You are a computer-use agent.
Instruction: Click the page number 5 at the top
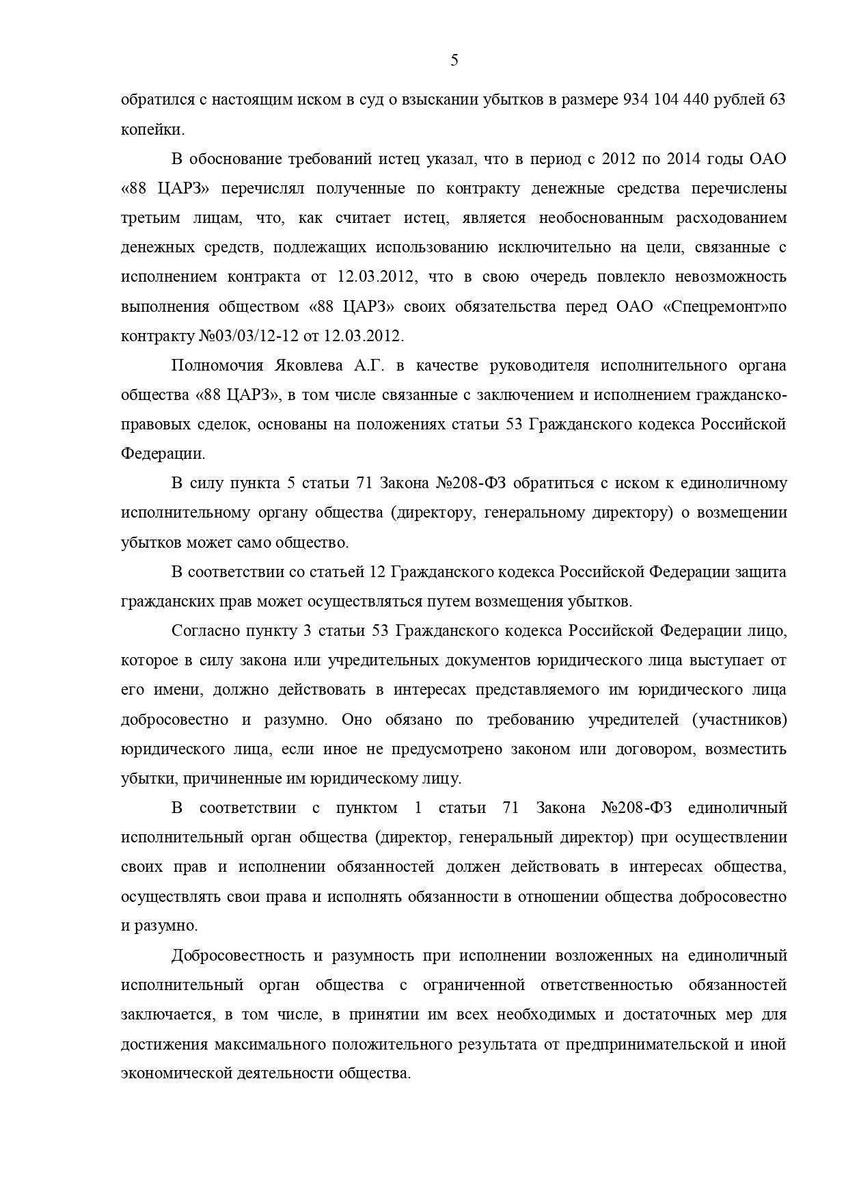(454, 60)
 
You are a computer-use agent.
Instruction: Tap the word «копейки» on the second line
(152, 130)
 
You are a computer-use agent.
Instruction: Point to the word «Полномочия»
(213, 365)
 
